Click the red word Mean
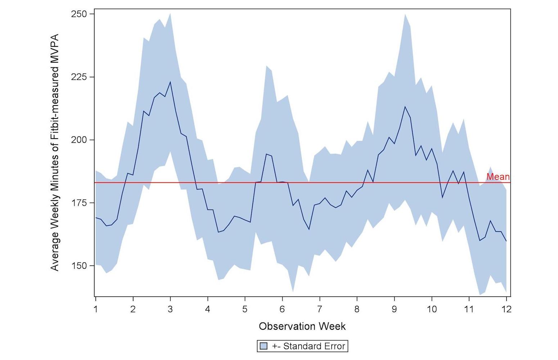[498, 177]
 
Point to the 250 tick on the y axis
[80, 14]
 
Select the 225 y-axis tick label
[80, 77]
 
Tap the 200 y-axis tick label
[80, 140]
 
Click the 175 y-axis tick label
[80, 203]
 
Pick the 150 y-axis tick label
[80, 266]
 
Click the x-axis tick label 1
[96, 309]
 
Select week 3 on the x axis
[170, 309]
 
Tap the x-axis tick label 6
[282, 309]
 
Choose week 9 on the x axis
[394, 309]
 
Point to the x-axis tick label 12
[506, 309]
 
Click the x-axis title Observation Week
[302, 327]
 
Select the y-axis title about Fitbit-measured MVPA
[55, 152]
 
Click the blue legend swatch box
[264, 346]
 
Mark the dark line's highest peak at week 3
[170, 82]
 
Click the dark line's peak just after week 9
[405, 107]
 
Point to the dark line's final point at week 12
[506, 241]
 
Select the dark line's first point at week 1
[96, 217]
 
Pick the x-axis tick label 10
[432, 309]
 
